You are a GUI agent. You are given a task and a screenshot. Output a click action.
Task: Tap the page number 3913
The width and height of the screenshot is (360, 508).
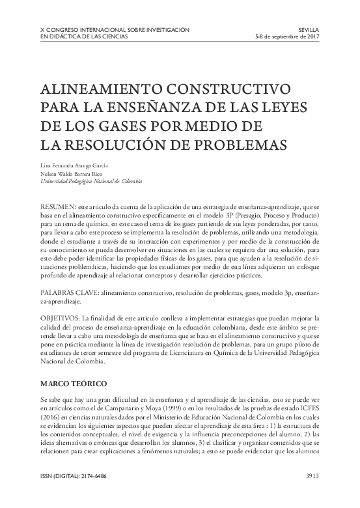(x=309, y=476)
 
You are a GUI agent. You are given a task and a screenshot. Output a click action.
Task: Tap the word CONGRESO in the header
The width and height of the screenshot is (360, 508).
(x=70, y=30)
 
